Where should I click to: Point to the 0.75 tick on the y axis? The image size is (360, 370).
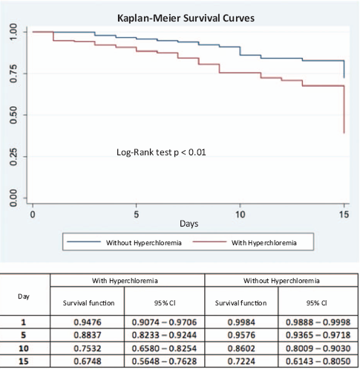(15, 74)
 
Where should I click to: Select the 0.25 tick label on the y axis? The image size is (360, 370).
(15, 157)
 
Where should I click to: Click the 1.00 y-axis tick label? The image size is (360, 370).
(15, 32)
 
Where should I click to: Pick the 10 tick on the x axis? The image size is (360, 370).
(240, 213)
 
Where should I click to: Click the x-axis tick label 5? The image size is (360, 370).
(137, 213)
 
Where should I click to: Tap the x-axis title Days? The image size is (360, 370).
(188, 224)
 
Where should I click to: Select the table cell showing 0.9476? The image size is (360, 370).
(86, 323)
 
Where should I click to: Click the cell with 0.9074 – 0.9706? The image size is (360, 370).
(163, 323)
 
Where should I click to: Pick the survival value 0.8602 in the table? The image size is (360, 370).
(240, 348)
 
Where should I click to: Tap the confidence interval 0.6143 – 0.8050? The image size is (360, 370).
(318, 362)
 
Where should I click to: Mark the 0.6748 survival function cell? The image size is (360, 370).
(86, 362)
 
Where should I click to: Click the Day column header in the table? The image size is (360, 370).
(25, 295)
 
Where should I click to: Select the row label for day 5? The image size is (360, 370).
(25, 336)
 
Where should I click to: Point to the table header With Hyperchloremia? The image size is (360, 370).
(125, 282)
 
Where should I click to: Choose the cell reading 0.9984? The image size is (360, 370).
(240, 323)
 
